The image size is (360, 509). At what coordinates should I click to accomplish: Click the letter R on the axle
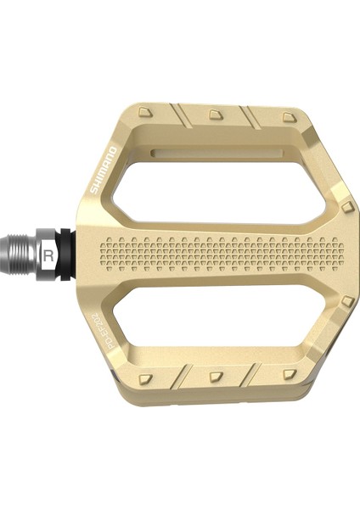(x=51, y=253)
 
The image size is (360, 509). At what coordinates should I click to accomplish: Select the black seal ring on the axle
(x=69, y=253)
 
